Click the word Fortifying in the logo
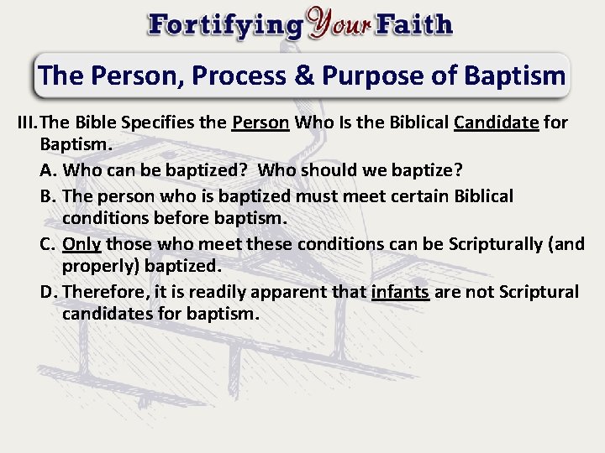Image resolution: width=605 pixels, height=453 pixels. pyautogui.click(x=224, y=25)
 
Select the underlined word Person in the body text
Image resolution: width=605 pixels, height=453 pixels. pyautogui.click(x=260, y=122)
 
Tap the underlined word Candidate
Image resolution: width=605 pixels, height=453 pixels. pyautogui.click(x=496, y=122)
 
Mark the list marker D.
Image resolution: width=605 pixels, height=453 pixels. pyautogui.click(x=49, y=292)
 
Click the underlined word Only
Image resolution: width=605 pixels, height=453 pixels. pyautogui.click(x=82, y=244)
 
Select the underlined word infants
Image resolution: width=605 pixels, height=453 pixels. pyautogui.click(x=400, y=292)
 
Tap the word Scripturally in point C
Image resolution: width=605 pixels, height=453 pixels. pyautogui.click(x=496, y=244)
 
